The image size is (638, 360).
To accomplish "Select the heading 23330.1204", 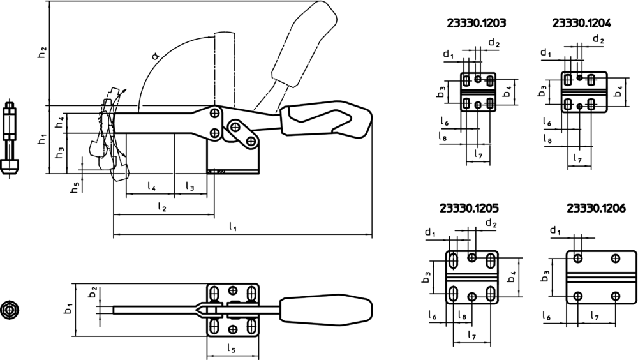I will click(x=581, y=22).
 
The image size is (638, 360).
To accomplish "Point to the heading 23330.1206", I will click(x=596, y=208).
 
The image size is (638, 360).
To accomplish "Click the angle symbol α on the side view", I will click(x=156, y=56).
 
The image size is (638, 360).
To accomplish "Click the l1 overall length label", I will click(x=233, y=227).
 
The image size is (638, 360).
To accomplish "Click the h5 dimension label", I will click(x=75, y=188).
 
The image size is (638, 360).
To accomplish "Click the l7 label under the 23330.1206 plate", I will click(x=595, y=316).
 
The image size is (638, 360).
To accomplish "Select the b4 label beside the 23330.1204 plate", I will click(x=618, y=92).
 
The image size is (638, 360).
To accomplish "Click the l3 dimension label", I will click(x=191, y=186).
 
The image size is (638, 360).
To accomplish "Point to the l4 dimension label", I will click(x=151, y=186).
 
